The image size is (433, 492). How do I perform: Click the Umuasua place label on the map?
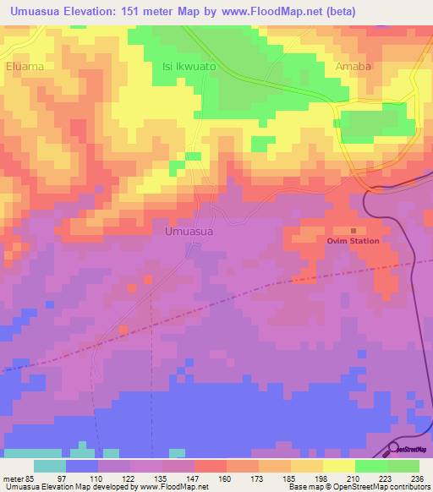pyautogui.click(x=189, y=230)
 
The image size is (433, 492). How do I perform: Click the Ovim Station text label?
pyautogui.click(x=354, y=241)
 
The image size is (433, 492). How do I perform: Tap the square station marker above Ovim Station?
pyautogui.click(x=354, y=229)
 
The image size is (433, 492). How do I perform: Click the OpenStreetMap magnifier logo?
pyautogui.click(x=396, y=449)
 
